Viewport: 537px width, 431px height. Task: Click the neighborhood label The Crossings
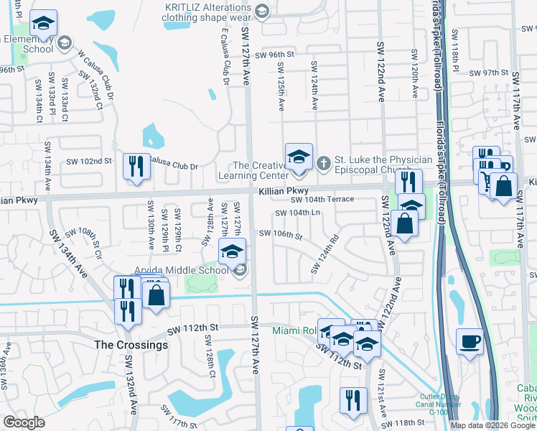[131, 345]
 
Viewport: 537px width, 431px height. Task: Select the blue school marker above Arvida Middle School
[232, 252]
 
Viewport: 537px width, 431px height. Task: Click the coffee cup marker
[470, 343]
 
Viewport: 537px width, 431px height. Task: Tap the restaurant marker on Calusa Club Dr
[134, 167]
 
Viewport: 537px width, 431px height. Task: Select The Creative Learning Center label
[261, 170]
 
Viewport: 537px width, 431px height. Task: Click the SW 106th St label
[281, 234]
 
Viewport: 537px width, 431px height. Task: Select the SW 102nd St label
[90, 162]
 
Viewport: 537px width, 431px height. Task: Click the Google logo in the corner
[24, 422]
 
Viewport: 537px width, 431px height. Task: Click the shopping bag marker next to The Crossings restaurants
[156, 295]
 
